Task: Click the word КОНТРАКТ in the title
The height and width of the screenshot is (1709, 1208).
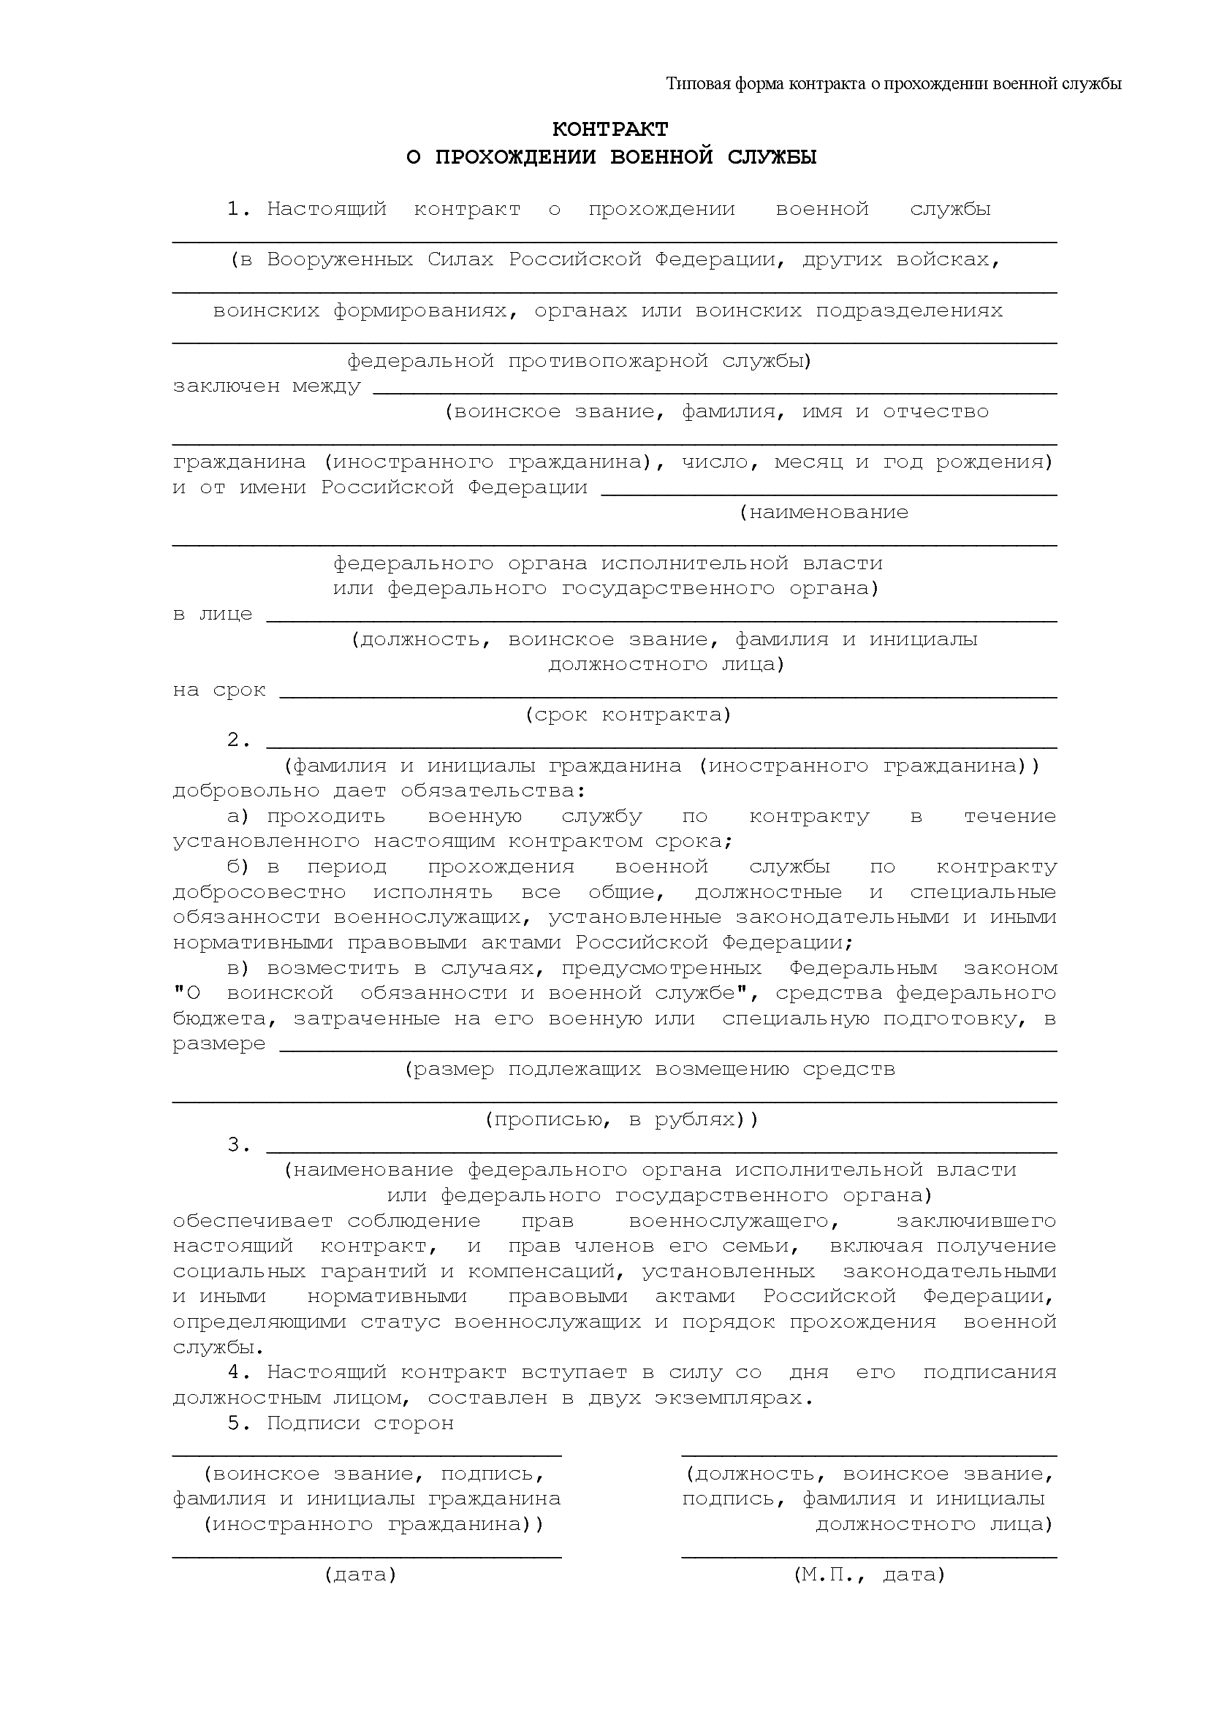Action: coord(609,129)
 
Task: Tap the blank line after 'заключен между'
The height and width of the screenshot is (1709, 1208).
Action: coord(715,389)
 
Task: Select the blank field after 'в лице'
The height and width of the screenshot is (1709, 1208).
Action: coord(661,617)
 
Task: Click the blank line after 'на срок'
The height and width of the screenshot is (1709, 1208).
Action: coord(668,693)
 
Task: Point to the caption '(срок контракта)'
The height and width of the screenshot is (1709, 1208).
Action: coord(628,715)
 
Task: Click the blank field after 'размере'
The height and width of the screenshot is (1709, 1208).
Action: coord(668,1046)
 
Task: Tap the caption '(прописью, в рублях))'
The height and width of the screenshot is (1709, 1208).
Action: coord(621,1120)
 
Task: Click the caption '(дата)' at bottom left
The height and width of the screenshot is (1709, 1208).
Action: coord(360,1575)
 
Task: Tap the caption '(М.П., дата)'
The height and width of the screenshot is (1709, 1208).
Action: coord(870,1575)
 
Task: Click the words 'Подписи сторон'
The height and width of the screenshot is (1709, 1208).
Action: coord(360,1423)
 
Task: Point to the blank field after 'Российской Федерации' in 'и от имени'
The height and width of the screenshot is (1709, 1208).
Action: coord(829,490)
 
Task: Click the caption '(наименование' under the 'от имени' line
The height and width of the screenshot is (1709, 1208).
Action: coord(824,513)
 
